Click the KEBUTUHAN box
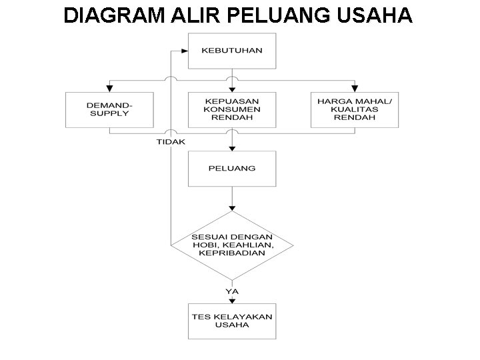click(231, 50)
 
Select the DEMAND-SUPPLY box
click(109, 109)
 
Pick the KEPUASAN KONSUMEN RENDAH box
click(231, 109)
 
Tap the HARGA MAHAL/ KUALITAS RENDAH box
click(355, 109)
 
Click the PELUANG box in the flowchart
click(231, 169)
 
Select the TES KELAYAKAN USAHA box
click(231, 321)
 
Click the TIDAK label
click(171, 142)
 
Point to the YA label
click(231, 291)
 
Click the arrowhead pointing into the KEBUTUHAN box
click(185, 50)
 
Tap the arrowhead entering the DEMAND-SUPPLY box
click(109, 88)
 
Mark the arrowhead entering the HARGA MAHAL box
click(355, 88)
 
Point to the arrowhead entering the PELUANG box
click(231, 147)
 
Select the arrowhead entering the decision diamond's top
click(231, 209)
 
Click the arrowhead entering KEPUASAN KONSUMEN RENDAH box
click(231, 88)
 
